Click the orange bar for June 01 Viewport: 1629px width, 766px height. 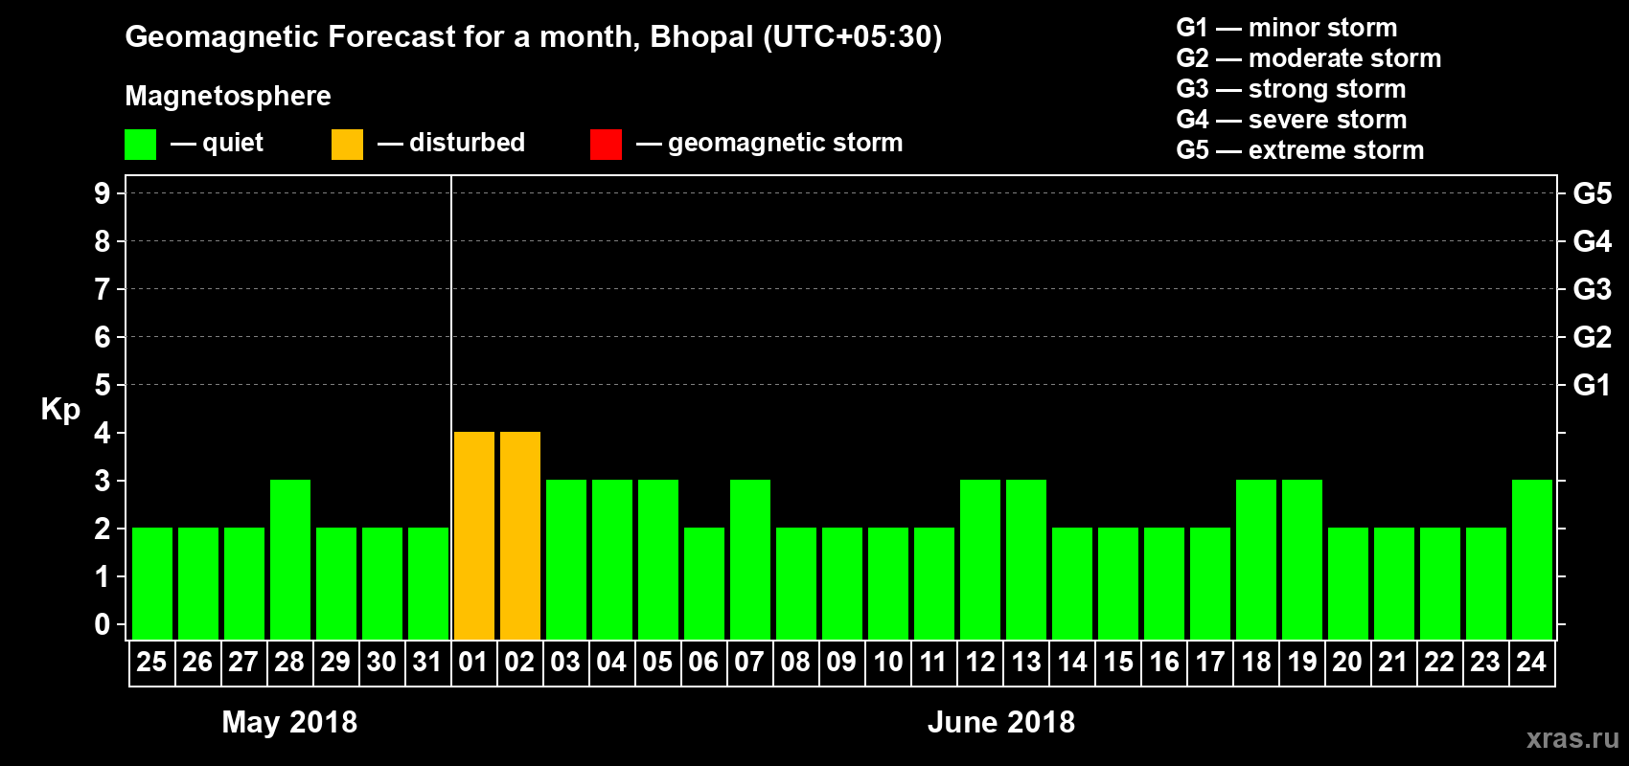point(474,535)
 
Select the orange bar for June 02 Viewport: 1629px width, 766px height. point(520,535)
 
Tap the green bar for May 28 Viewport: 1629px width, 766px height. point(290,559)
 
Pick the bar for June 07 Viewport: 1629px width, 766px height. point(750,559)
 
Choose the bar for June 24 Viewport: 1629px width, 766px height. point(1532,559)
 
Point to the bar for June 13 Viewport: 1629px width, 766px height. point(1026,559)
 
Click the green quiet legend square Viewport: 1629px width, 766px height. point(140,145)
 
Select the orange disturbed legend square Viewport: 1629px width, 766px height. point(347,145)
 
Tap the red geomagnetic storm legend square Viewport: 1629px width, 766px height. point(606,145)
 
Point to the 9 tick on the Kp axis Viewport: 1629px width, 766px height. point(103,193)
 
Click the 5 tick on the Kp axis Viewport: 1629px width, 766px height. point(103,385)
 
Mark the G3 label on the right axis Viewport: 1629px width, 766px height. point(1592,289)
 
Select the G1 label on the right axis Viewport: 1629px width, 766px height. point(1592,385)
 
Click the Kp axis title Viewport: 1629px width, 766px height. point(60,410)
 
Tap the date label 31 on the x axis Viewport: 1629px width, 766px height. point(427,663)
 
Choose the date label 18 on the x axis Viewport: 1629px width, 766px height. point(1255,663)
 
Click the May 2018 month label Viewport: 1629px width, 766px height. point(289,722)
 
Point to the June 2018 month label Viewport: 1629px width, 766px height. point(1001,722)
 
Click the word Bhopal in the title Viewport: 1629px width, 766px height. point(701,37)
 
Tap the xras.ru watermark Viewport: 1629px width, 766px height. point(1572,738)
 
